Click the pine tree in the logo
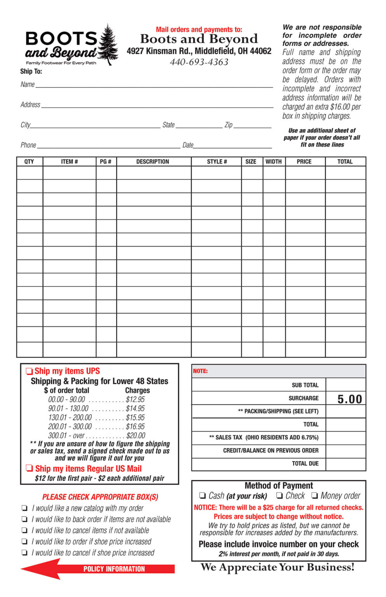(108, 45)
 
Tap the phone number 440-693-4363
(199, 62)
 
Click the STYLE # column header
(217, 162)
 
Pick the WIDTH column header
(274, 162)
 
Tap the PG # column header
(106, 162)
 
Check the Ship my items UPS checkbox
(29, 371)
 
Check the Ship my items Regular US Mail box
(29, 468)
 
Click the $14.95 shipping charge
(135, 408)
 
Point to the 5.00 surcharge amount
(349, 399)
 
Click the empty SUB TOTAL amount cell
(346, 385)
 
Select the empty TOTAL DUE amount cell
(346, 464)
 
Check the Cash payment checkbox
(202, 496)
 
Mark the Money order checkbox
(314, 496)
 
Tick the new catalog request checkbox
(24, 508)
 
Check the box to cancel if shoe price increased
(24, 553)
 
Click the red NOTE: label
(200, 371)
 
